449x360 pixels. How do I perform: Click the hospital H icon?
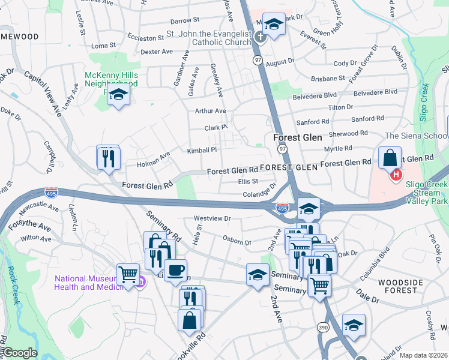click(x=396, y=175)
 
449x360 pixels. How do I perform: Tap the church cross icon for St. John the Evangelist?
click(x=259, y=37)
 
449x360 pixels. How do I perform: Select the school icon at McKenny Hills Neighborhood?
click(x=119, y=95)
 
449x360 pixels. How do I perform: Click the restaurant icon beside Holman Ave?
click(x=108, y=158)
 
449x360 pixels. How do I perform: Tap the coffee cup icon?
click(x=175, y=271)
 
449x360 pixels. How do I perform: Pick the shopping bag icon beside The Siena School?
click(x=390, y=158)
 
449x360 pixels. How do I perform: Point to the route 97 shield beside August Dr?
click(x=258, y=60)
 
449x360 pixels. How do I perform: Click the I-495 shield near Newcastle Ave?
click(x=52, y=193)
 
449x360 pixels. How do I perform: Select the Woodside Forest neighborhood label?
click(x=397, y=286)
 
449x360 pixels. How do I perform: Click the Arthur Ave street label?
click(x=210, y=111)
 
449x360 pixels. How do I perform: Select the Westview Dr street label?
click(x=212, y=218)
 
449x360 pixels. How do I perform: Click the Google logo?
click(x=19, y=353)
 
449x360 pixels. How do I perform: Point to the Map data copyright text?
click(x=423, y=355)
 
